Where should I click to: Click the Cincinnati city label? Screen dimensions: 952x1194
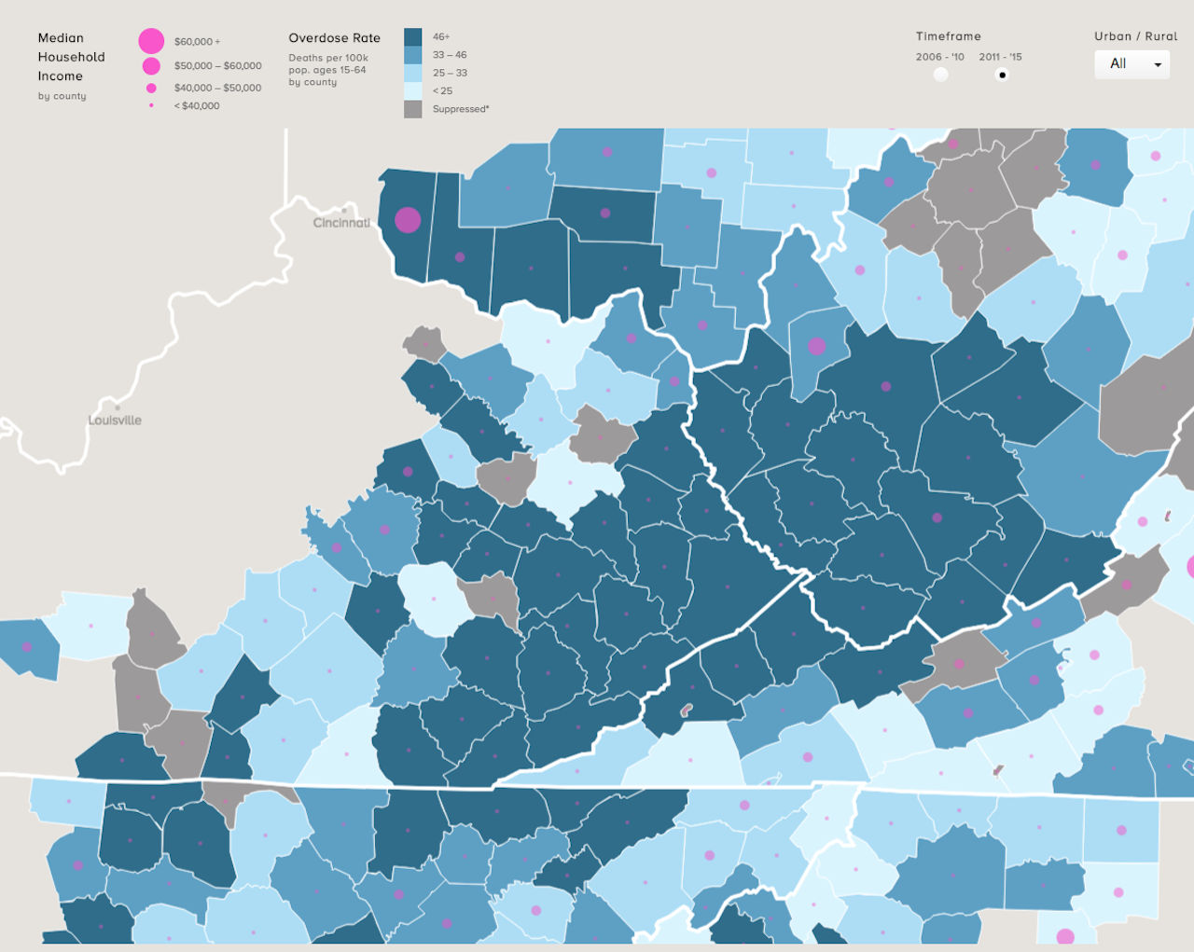(341, 223)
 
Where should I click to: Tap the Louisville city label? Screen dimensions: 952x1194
(115, 421)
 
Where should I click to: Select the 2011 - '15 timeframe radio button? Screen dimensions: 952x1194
(1002, 75)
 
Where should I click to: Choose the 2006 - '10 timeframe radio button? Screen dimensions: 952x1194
(940, 75)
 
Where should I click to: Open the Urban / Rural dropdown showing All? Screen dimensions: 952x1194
(1132, 64)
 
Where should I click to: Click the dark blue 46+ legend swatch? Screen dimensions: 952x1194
(412, 37)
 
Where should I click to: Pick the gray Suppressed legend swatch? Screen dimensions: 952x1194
(412, 109)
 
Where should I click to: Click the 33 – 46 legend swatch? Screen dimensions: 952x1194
(412, 55)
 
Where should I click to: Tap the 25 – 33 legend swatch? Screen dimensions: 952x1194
(412, 73)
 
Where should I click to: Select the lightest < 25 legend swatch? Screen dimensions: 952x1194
(412, 90)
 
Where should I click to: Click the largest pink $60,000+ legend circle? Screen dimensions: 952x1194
(151, 41)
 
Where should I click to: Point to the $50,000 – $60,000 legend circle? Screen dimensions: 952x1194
(151, 66)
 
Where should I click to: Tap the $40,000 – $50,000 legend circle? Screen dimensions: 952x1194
(151, 89)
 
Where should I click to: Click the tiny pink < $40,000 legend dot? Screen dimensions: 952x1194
(151, 105)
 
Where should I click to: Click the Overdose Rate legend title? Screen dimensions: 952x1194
(334, 38)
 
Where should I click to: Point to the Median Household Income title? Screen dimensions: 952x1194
(71, 57)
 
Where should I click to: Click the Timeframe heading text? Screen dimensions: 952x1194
(948, 36)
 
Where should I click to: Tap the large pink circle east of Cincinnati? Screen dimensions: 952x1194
(408, 220)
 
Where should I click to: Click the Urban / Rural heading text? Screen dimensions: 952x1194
(1135, 36)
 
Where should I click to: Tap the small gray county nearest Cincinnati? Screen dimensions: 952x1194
(425, 343)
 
